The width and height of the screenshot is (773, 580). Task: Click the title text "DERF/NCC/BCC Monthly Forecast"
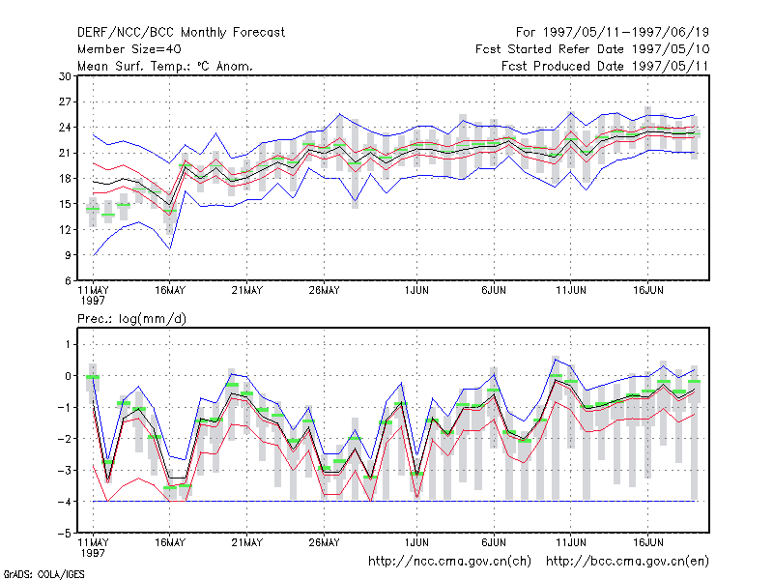(x=181, y=33)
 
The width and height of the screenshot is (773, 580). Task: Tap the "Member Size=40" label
(x=129, y=49)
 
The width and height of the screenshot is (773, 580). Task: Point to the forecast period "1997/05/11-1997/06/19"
(x=626, y=33)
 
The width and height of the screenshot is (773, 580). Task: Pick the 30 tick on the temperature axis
(x=65, y=76)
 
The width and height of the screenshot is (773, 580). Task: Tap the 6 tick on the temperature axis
(x=68, y=281)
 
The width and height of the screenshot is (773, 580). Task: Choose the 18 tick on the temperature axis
(x=65, y=179)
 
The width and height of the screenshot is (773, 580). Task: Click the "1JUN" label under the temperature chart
(x=416, y=291)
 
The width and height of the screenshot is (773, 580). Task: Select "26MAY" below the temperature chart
(x=324, y=291)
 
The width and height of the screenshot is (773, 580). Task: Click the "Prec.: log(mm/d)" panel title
(x=131, y=319)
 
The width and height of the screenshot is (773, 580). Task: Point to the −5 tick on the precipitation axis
(x=65, y=534)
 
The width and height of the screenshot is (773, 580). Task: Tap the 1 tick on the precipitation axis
(x=68, y=344)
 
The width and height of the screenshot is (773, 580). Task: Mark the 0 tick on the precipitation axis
(x=68, y=376)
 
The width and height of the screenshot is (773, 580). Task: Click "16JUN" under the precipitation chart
(x=647, y=542)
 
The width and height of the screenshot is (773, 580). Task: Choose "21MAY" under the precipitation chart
(x=247, y=542)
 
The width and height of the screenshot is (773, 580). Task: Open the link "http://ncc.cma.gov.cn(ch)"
(x=449, y=562)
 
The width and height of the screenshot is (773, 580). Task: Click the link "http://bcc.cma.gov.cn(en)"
(x=627, y=562)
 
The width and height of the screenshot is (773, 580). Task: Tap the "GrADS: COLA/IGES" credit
(x=43, y=574)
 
